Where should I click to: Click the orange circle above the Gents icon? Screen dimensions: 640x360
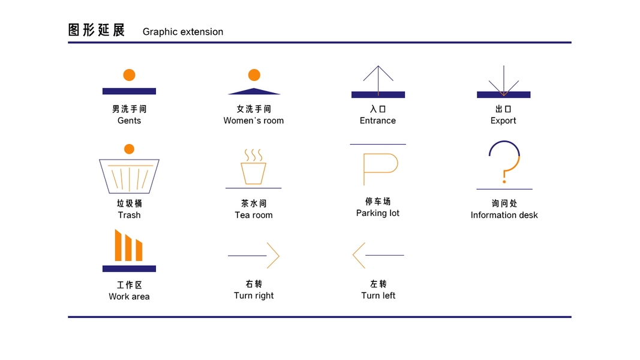coord(129,75)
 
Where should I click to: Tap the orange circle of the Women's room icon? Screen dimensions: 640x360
coord(254,75)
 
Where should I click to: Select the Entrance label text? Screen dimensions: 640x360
coord(378,121)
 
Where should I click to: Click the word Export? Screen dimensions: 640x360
coord(503,121)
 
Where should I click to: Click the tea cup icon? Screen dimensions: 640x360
coord(253,173)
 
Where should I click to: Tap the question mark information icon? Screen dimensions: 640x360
coord(504,162)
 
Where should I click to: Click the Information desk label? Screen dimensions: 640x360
coord(504,215)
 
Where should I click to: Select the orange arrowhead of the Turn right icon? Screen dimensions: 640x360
coord(273,255)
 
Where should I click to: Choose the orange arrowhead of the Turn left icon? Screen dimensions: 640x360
coord(359,255)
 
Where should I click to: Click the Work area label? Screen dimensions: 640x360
coord(129,296)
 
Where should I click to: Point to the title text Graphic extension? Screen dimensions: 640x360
coord(183,32)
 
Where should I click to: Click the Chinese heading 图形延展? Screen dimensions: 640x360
coord(97,30)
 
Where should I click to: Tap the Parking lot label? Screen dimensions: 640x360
coord(378,213)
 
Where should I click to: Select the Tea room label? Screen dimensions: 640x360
coord(254,215)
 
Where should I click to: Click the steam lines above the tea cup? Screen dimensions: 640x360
coord(253,155)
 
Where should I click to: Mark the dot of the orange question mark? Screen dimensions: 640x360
coord(504,181)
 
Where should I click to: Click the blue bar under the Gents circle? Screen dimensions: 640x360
coord(129,91)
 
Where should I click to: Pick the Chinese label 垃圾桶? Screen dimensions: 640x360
coord(129,203)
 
